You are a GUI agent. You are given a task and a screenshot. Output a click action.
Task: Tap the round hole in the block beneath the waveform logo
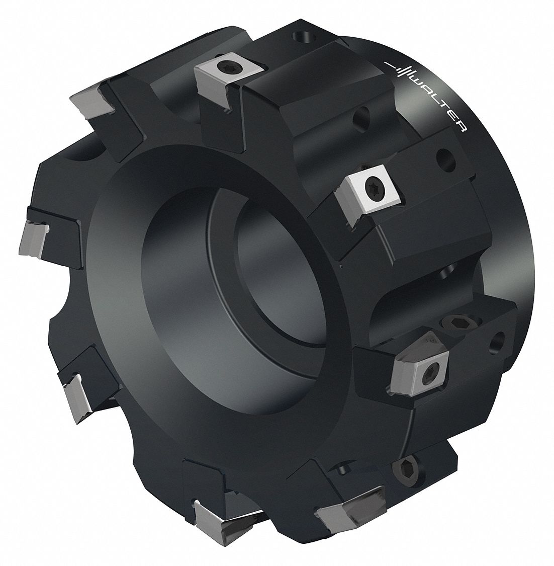360,120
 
